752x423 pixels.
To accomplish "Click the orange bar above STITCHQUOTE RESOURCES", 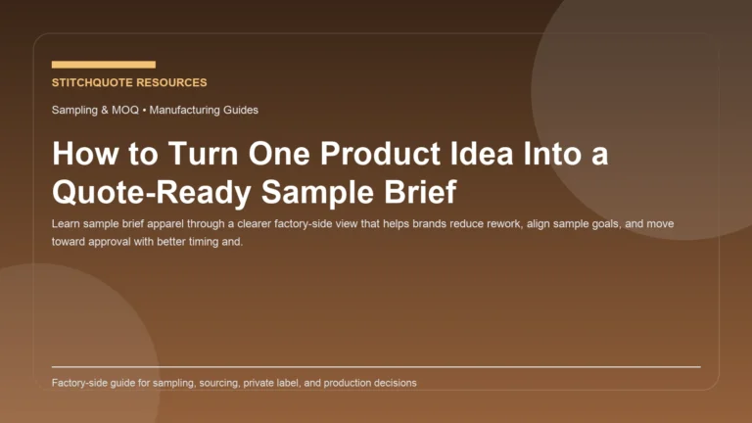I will click(x=103, y=65).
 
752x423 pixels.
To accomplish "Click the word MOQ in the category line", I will click(x=125, y=111).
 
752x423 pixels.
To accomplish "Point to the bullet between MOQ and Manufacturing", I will click(x=145, y=111).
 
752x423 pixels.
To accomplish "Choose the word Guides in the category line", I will click(x=238, y=111).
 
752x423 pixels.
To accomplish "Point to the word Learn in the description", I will click(x=67, y=224).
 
